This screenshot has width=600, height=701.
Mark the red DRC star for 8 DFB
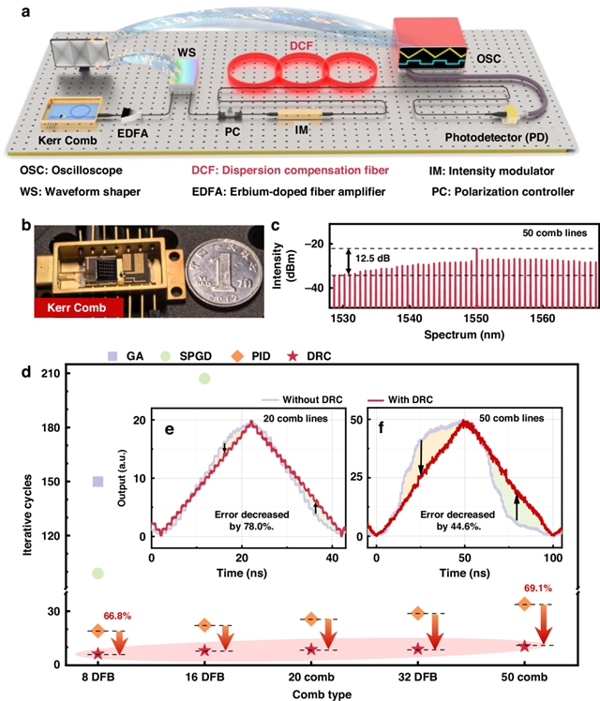97,653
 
